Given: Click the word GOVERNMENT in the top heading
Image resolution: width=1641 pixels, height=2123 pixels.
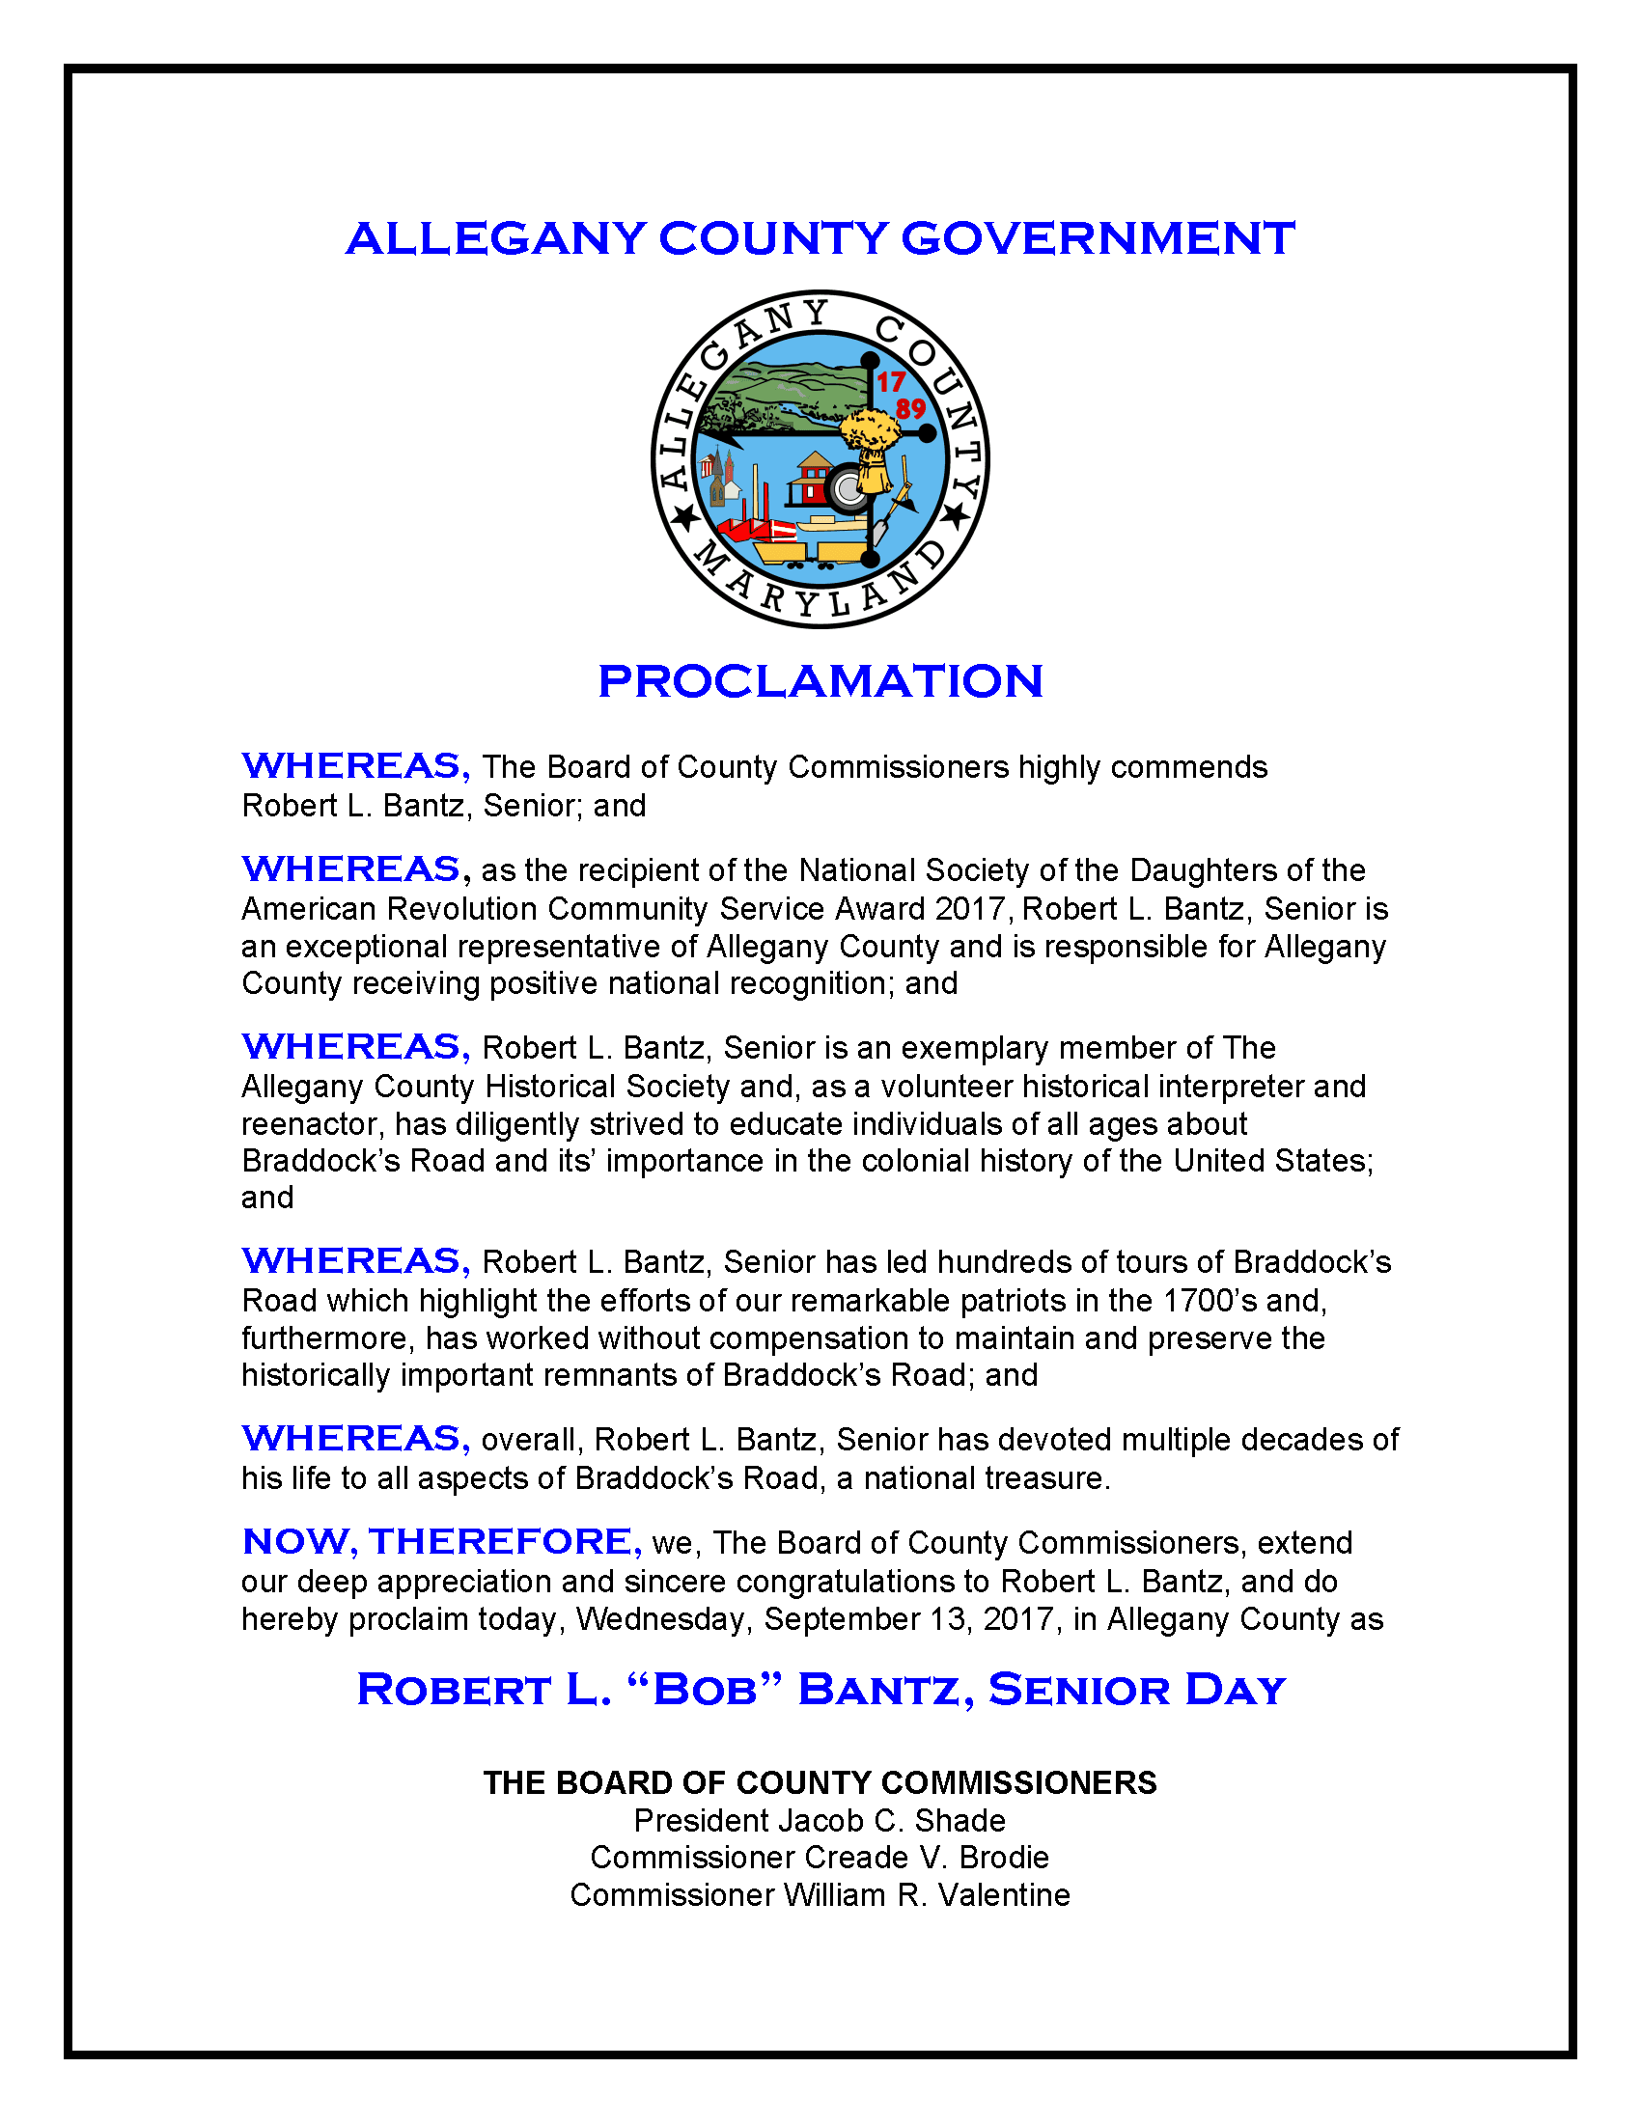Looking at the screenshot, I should click(x=1098, y=239).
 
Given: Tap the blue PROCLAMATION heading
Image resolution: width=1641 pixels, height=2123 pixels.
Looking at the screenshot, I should click(x=820, y=681).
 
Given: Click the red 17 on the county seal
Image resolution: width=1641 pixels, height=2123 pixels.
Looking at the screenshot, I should click(x=891, y=382).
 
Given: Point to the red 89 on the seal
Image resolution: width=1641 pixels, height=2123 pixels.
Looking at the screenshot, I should click(x=911, y=408).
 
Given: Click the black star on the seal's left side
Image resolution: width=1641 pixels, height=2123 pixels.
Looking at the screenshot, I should click(x=686, y=517).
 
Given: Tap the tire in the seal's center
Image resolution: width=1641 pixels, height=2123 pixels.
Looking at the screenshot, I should click(x=848, y=490).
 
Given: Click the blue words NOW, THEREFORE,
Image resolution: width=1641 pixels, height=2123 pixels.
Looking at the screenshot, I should click(x=441, y=1542).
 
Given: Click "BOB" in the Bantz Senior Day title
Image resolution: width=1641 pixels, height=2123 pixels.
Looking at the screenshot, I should click(x=705, y=1690).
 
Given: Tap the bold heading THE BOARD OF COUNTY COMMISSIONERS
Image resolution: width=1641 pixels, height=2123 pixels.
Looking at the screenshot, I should click(x=820, y=1782).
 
